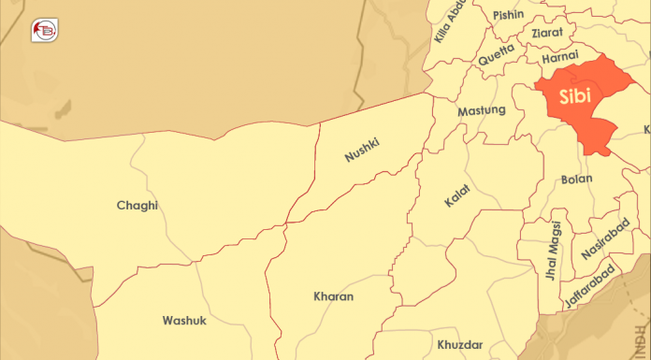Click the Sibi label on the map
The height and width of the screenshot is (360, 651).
point(575,96)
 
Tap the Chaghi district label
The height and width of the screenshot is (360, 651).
point(137,206)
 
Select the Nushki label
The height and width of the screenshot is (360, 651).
point(361,148)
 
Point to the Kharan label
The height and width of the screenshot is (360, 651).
point(334,296)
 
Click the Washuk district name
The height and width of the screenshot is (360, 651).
point(184,320)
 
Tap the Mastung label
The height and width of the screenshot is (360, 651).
point(482,111)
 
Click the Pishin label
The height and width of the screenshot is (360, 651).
point(508,14)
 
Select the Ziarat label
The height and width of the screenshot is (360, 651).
point(547,33)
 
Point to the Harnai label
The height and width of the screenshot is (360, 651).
point(560,58)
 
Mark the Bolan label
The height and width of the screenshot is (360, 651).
point(577,179)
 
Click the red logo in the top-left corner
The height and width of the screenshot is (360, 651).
point(43,30)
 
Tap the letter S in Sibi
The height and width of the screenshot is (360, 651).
point(565,96)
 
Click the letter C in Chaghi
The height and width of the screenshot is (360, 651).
point(122,206)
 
